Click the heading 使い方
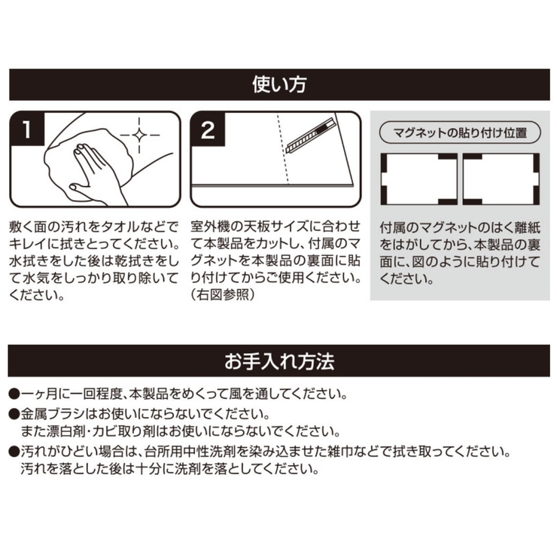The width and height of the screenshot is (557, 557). tap(278, 84)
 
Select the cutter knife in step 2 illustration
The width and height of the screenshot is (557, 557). tap(309, 135)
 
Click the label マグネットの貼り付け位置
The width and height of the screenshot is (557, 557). tap(460, 131)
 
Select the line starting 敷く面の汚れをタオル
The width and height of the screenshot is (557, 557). tap(94, 226)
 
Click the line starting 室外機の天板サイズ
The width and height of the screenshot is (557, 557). tap(275, 226)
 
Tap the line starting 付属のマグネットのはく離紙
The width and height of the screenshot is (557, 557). tap(459, 226)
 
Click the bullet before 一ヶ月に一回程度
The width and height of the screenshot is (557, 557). tap(14, 394)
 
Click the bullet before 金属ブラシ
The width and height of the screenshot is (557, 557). tap(14, 414)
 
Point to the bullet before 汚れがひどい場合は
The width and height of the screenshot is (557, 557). tap(14, 452)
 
